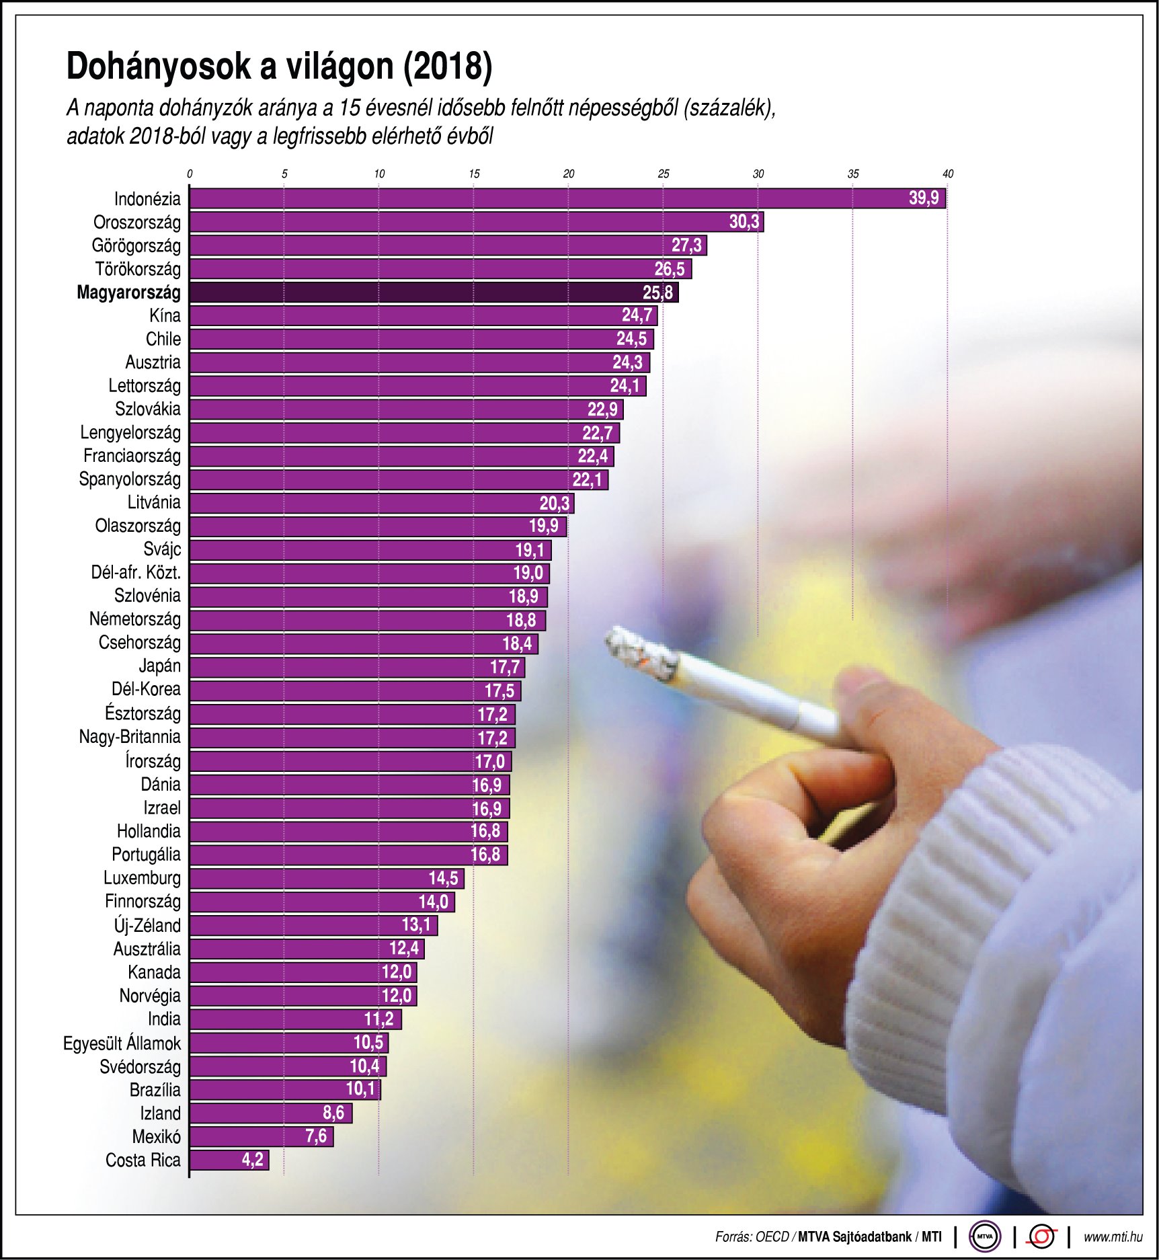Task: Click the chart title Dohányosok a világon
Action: [279, 67]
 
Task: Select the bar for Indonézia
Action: [567, 198]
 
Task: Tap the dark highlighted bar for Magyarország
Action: [434, 292]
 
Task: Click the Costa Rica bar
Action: [229, 1160]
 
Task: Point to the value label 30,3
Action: [744, 222]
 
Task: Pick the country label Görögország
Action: [136, 245]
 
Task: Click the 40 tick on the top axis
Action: [948, 174]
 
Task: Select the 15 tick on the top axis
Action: [474, 174]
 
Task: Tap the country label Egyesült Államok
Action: [122, 1043]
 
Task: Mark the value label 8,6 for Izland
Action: [333, 1113]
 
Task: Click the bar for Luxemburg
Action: [326, 878]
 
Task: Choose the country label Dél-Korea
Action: [146, 689]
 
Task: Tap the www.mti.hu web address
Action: [1113, 1236]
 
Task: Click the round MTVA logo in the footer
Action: [985, 1236]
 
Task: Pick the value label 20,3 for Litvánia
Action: [555, 503]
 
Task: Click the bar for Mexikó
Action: [261, 1136]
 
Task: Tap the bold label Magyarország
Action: [128, 292]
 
